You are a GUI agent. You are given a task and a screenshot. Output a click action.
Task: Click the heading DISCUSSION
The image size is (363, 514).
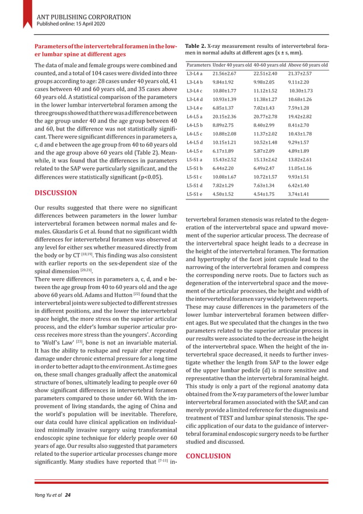pyautogui.click(x=56, y=193)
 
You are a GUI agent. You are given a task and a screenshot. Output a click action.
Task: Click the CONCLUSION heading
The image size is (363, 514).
pyautogui.click(x=208, y=456)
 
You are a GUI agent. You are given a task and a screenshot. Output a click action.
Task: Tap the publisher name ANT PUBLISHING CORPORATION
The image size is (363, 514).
pyautogui.click(x=83, y=17)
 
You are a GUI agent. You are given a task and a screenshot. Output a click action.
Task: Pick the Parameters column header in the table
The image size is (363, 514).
pyautogui.click(x=199, y=65)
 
